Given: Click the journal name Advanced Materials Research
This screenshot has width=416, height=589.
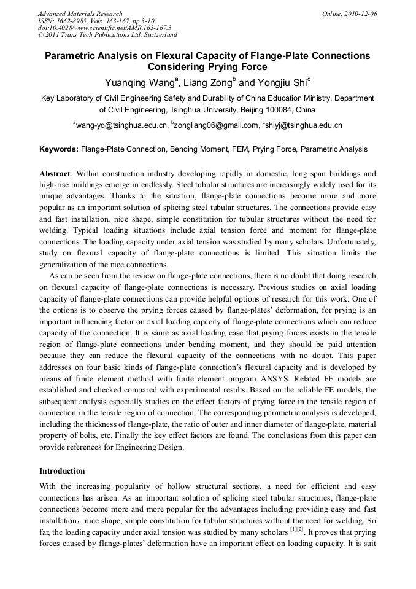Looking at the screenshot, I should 80,14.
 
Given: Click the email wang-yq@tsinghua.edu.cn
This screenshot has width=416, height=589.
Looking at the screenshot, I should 122,125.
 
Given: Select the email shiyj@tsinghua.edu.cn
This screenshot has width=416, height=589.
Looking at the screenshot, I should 304,125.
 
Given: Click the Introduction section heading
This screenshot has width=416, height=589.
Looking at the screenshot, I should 62,471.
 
